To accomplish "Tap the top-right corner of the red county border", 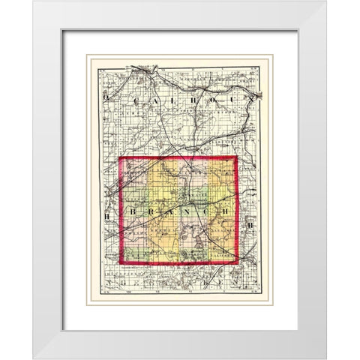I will click(236, 157).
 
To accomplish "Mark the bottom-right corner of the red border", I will click(238, 262).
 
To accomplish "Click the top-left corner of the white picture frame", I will click(32, 1).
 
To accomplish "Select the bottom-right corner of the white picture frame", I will click(327, 358).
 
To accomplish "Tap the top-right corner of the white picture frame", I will click(327, 1).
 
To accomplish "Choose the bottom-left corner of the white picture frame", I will click(32, 358).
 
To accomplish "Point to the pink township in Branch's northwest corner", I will click(135, 172).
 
